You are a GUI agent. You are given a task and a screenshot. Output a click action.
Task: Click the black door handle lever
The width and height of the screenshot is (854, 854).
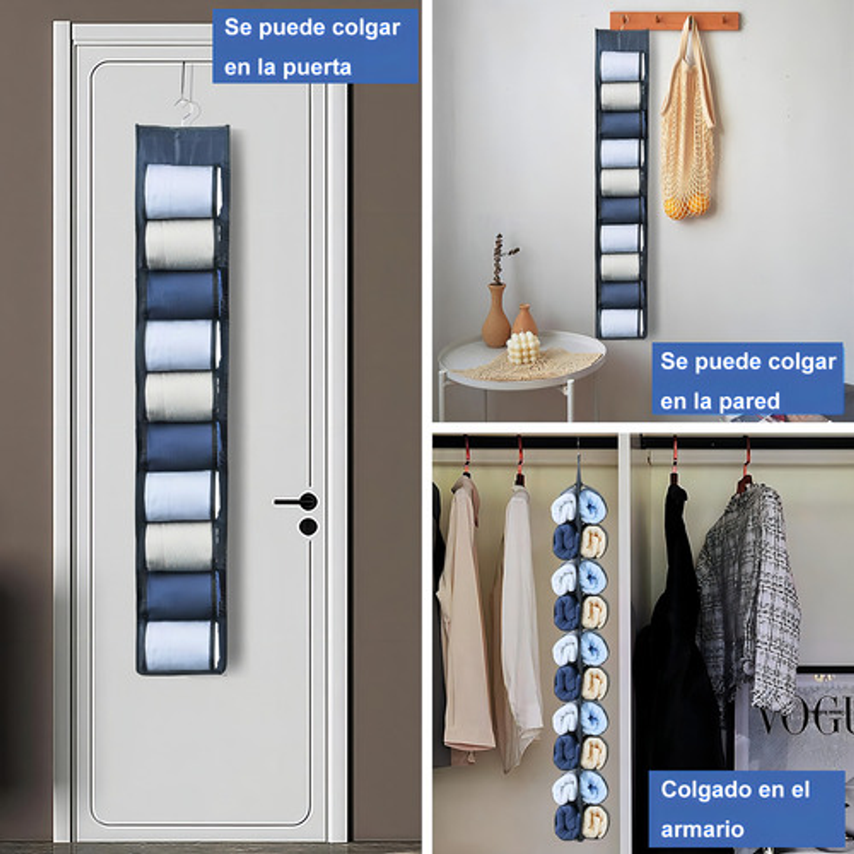tap(294, 502)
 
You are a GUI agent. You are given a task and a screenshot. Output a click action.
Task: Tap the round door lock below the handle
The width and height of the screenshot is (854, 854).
tap(308, 527)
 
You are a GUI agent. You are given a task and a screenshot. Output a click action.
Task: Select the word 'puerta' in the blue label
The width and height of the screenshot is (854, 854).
tap(317, 68)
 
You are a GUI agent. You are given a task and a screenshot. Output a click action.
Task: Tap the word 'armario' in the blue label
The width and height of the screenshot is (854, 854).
tap(702, 828)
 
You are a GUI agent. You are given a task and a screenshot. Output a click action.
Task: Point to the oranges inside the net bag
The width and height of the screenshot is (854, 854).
tap(688, 207)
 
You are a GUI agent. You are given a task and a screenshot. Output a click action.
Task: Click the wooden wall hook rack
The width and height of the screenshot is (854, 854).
tap(674, 20)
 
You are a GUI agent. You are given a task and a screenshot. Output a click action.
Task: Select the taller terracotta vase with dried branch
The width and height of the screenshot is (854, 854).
tap(496, 317)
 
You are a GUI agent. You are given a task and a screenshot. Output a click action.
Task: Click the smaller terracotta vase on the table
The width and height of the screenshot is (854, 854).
tap(524, 321)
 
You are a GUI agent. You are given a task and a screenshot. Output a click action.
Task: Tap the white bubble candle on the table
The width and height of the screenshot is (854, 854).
tap(523, 348)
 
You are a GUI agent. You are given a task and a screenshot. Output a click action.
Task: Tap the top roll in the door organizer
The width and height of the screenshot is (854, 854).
tap(180, 192)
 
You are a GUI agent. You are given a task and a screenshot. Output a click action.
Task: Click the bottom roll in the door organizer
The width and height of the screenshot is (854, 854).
tap(180, 646)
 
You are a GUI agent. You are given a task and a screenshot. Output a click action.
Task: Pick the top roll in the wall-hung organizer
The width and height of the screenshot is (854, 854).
tap(620, 66)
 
